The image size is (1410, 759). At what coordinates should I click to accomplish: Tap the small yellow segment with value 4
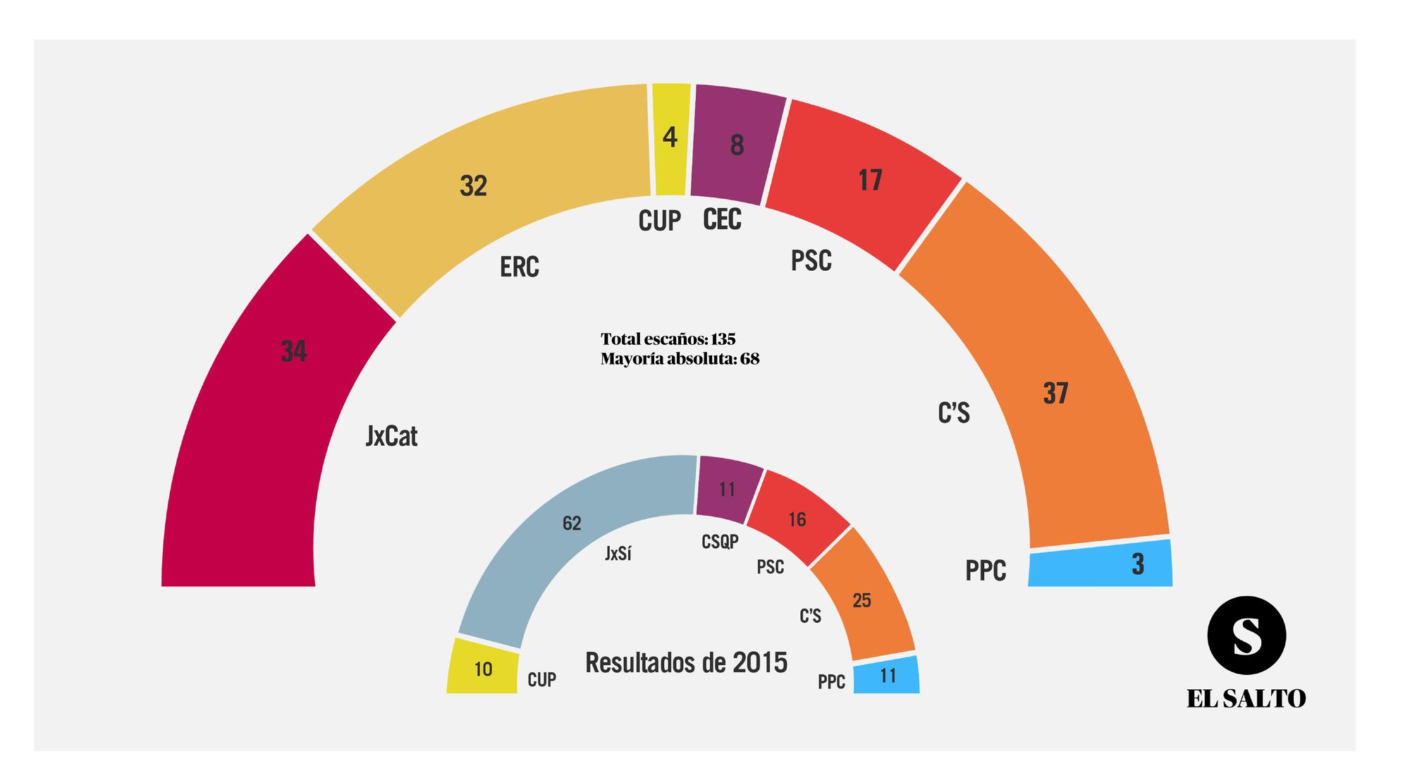(670, 141)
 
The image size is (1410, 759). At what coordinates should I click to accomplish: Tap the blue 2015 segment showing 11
(886, 676)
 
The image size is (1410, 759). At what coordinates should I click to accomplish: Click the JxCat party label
(392, 437)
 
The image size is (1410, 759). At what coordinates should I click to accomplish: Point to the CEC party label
(723, 220)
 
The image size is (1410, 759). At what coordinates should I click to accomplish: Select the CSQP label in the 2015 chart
(720, 542)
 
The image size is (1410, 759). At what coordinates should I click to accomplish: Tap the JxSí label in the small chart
(618, 554)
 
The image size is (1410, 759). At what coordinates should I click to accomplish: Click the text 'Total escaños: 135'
(668, 339)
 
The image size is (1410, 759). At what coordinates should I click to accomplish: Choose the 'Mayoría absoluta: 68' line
(680, 359)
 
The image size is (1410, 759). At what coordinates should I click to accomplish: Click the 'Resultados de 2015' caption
(686, 663)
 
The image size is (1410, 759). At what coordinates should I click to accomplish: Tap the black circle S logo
(1246, 636)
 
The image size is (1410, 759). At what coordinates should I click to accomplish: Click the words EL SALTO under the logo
(1246, 699)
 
